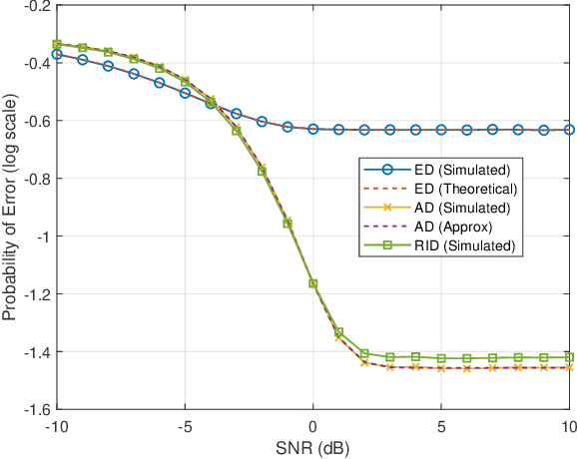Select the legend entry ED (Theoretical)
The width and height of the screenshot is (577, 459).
[453, 189]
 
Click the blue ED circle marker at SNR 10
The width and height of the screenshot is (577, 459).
[569, 130]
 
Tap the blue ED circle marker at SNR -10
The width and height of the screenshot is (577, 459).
[57, 55]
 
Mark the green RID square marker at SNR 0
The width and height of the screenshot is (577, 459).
[312, 283]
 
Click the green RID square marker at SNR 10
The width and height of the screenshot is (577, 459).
[569, 357]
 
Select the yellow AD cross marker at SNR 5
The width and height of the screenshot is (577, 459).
[441, 368]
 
